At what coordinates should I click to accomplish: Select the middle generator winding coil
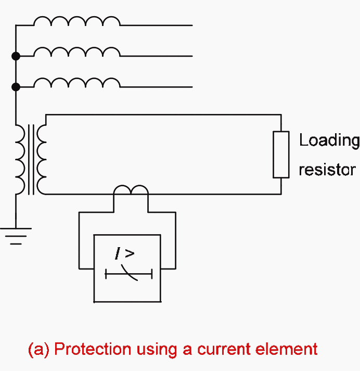pos(76,52)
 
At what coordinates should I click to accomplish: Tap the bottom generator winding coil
pos(76,82)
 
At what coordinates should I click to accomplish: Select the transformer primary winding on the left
pos(21,159)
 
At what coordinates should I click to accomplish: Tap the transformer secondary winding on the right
pos(42,159)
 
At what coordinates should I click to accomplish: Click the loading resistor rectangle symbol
pos(281,155)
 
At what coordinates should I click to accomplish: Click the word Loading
pos(329,140)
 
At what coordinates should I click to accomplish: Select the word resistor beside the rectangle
pos(327,170)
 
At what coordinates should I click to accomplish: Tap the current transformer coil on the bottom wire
pos(131,190)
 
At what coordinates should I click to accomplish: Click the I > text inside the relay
pos(125,254)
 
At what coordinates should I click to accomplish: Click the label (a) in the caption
pos(38,349)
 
